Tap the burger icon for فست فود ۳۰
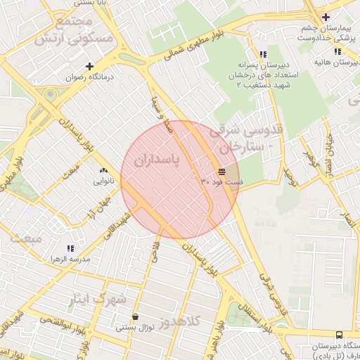[221, 171]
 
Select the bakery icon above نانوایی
[104, 170]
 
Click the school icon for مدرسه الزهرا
[70, 248]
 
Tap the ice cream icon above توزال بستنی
[135, 316]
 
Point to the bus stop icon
[340, 335]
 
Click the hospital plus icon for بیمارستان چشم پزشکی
[325, 17]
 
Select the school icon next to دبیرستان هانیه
[338, 51]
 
